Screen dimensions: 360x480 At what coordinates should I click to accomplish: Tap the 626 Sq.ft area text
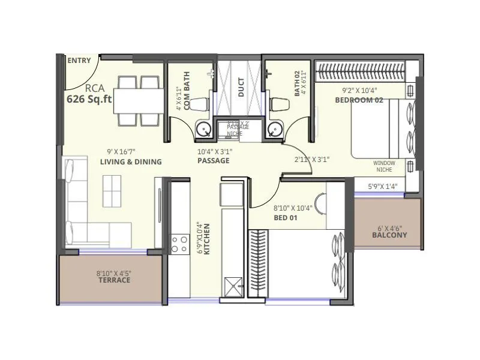pyautogui.click(x=89, y=100)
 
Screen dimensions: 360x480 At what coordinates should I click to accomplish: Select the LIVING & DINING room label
pyautogui.click(x=131, y=162)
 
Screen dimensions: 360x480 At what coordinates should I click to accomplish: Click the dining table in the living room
pyautogui.click(x=139, y=100)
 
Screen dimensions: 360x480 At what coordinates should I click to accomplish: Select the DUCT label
pyautogui.click(x=241, y=88)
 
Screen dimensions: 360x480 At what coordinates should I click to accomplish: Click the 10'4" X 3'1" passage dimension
pyautogui.click(x=214, y=152)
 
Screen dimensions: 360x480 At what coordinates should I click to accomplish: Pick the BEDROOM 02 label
pyautogui.click(x=359, y=100)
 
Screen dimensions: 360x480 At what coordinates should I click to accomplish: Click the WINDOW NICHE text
pyautogui.click(x=384, y=166)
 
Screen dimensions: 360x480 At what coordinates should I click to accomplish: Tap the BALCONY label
pyautogui.click(x=389, y=235)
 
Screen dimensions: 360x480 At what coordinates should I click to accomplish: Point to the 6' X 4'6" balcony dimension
pyautogui.click(x=389, y=228)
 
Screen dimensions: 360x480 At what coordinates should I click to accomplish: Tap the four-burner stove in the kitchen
pyautogui.click(x=179, y=244)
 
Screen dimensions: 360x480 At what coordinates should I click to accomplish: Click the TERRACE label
pyautogui.click(x=113, y=280)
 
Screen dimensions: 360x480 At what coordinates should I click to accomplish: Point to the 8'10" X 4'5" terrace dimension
pyautogui.click(x=113, y=273)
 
